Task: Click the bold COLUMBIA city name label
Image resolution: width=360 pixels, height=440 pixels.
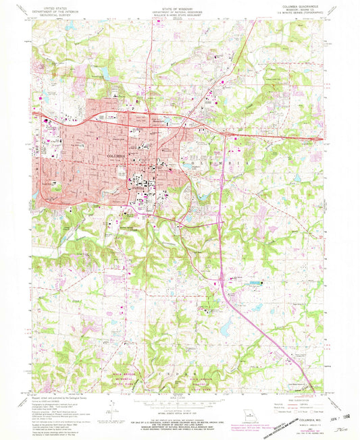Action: (99, 156)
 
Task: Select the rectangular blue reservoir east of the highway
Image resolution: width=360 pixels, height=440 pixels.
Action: (255, 283)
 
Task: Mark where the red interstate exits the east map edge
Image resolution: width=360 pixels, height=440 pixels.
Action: (324, 140)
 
